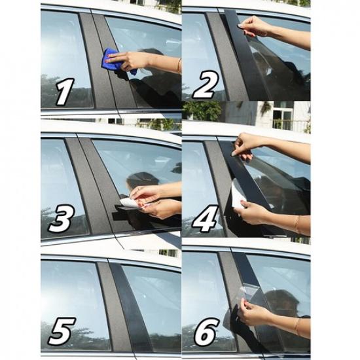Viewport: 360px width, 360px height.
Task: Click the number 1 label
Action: pyautogui.click(x=63, y=92)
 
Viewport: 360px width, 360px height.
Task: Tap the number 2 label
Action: pyautogui.click(x=204, y=86)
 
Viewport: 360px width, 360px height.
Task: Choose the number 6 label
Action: pyautogui.click(x=205, y=333)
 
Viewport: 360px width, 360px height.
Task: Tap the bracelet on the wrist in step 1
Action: pyautogui.click(x=179, y=65)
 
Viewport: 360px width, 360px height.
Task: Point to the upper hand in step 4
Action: pyautogui.click(x=247, y=144)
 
